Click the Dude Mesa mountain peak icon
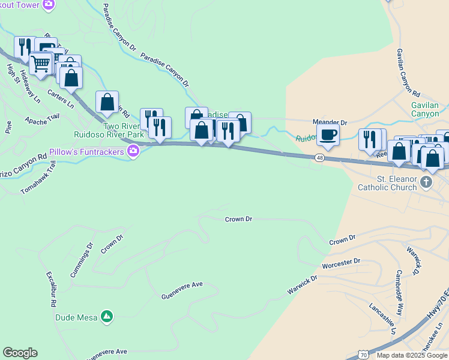point(107,316)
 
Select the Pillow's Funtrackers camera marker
point(133,152)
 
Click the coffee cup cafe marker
point(328,135)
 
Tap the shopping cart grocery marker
point(40,64)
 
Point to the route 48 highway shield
point(319,158)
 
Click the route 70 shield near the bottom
point(364,354)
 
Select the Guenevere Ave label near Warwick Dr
point(182,290)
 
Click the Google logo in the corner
point(19,353)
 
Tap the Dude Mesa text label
point(76,317)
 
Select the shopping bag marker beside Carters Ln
point(71,78)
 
